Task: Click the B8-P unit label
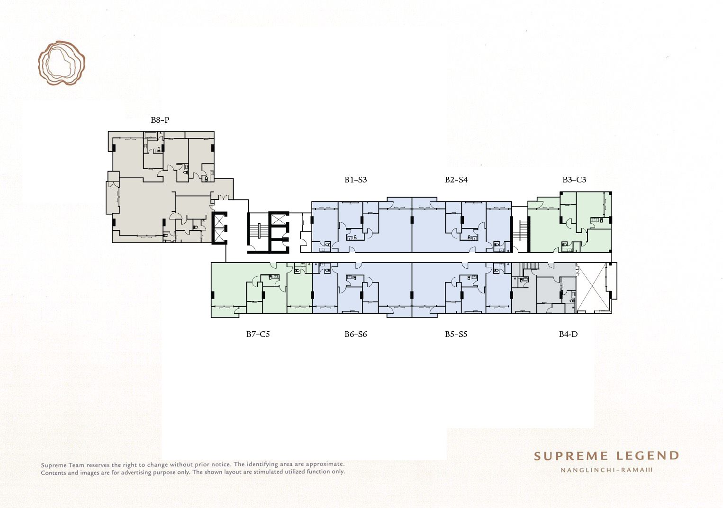pyautogui.click(x=160, y=120)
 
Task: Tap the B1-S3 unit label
pyautogui.click(x=355, y=180)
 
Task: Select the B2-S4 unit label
pyautogui.click(x=456, y=180)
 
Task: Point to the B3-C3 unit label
pyautogui.click(x=574, y=180)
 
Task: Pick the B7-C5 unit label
pyautogui.click(x=258, y=334)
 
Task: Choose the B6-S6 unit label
pyautogui.click(x=355, y=334)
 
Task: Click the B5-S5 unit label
pyautogui.click(x=456, y=334)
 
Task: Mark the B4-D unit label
pyautogui.click(x=568, y=334)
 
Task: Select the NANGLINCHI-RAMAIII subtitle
pyautogui.click(x=606, y=470)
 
